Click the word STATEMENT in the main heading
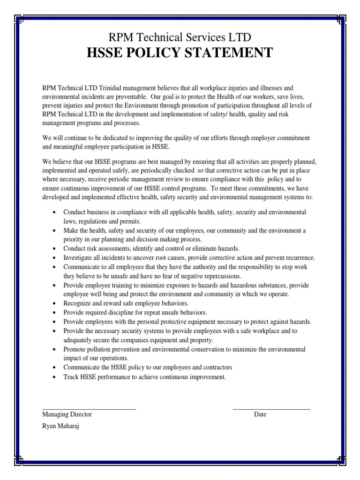(228, 53)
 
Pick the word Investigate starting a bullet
(80, 258)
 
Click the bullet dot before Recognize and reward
(56, 303)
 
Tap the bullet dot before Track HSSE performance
(56, 376)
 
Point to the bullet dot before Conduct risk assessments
(56, 249)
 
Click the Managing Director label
(67, 414)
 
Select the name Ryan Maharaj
(61, 427)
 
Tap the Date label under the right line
(260, 414)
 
